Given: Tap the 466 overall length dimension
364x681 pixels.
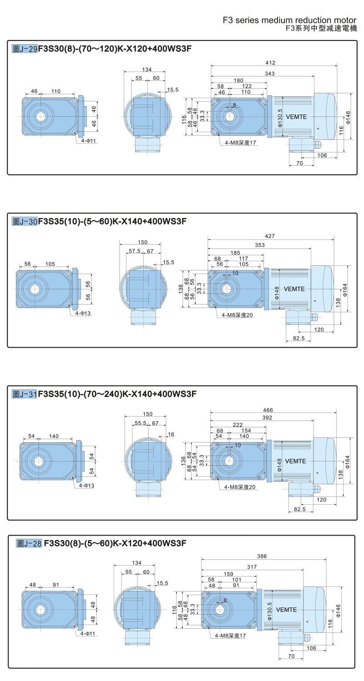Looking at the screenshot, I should point(268,410).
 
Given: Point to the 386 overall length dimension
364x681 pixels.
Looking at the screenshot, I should point(262,556).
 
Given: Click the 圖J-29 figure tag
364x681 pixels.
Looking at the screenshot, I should point(24,49).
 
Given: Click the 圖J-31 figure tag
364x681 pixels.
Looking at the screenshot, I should point(24,394).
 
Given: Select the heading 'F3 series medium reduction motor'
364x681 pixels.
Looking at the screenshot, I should point(290,20).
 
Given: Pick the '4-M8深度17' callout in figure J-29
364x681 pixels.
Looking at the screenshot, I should point(241,143).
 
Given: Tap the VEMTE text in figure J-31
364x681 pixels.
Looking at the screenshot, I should point(295,461).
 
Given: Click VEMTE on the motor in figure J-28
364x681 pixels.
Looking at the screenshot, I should point(286,610).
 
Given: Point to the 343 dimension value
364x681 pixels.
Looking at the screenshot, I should point(269,73).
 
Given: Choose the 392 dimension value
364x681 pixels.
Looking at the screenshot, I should point(267,418).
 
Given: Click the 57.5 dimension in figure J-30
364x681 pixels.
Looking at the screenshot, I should point(134,251).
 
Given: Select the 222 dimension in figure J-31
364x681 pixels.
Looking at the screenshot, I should point(238,424).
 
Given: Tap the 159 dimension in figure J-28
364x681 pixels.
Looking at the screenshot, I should point(228,574).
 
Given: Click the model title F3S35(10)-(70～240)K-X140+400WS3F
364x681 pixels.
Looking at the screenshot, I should point(117,394).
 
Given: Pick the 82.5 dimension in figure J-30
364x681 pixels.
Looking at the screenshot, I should point(298,338).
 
